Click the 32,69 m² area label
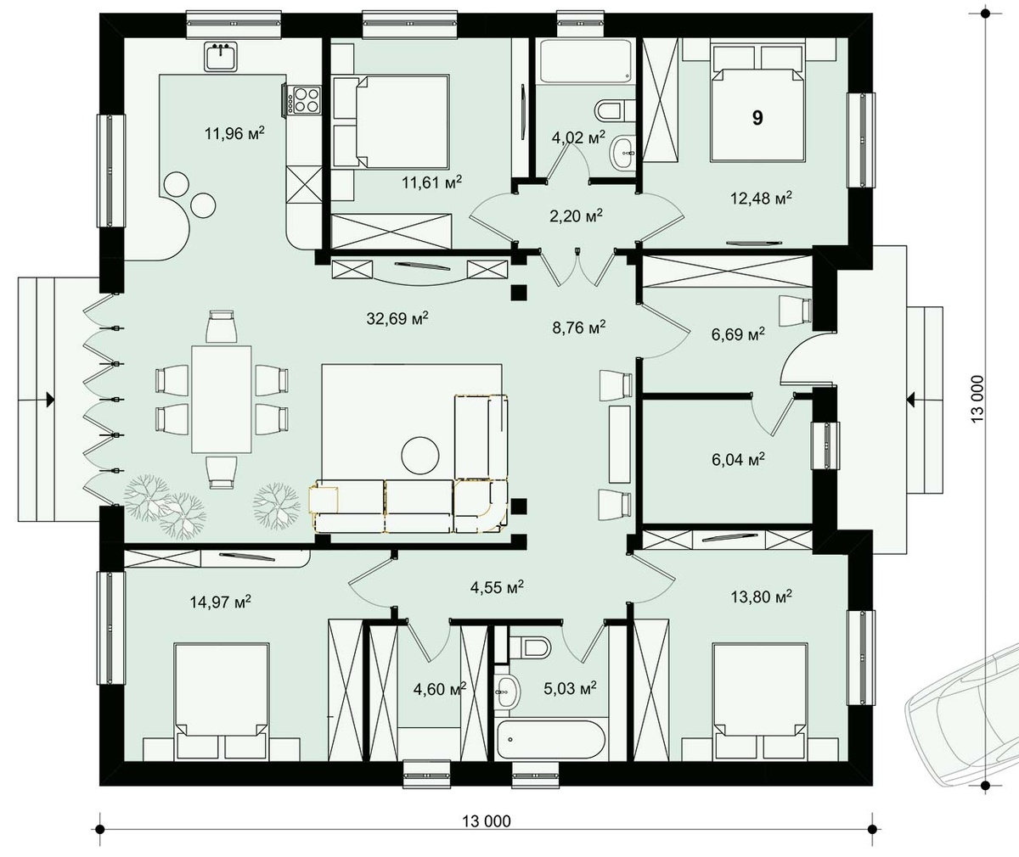point(397,318)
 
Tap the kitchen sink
point(221,57)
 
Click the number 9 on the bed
point(757,118)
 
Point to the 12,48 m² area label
point(761,198)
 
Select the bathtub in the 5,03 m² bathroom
point(551,739)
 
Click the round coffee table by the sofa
point(420,455)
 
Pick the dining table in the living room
point(222,400)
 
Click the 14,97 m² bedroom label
point(220,602)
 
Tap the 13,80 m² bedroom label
point(761,596)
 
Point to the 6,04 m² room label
point(738,459)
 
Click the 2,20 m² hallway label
point(576,216)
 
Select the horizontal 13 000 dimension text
point(487,821)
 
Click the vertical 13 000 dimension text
point(977,399)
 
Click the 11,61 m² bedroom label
point(431,182)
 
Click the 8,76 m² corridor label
point(579,328)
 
